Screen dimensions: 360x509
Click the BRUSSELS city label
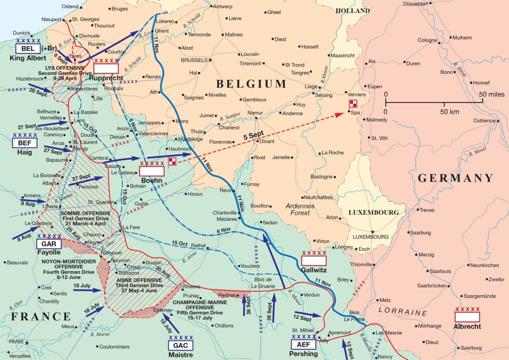(194, 60)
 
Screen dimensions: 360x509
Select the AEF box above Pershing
(304, 345)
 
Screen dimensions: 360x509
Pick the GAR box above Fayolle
(49, 244)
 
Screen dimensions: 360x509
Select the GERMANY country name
(456, 178)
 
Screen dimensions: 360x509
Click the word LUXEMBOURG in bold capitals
(373, 212)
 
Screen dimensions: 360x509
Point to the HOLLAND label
(353, 11)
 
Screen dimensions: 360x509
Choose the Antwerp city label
(223, 7)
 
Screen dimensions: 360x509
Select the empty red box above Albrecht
(467, 317)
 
